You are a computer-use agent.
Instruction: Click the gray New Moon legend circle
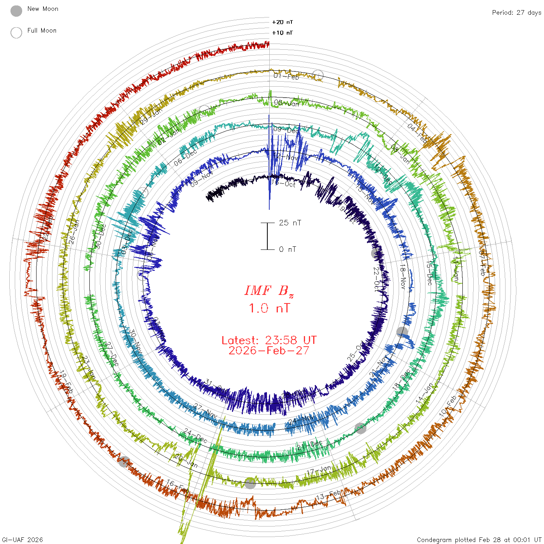(x=16, y=11)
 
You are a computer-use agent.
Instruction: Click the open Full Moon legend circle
(x=16, y=33)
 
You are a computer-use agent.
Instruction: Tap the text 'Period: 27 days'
(x=516, y=12)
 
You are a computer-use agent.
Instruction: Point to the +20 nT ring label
(x=282, y=22)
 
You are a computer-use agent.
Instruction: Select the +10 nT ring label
(x=282, y=33)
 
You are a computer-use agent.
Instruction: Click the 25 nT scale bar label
(x=290, y=223)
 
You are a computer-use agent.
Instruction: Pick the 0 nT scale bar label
(x=288, y=249)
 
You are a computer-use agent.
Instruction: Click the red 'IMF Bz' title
(x=269, y=291)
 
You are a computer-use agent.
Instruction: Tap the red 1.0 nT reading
(x=269, y=308)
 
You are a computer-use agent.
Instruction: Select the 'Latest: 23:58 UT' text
(x=269, y=340)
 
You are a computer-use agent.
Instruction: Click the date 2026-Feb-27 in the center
(x=269, y=350)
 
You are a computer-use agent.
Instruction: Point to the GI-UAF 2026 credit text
(x=23, y=540)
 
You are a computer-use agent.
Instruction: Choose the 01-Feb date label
(x=286, y=76)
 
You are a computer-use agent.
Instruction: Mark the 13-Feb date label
(x=329, y=495)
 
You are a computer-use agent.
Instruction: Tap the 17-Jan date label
(x=319, y=470)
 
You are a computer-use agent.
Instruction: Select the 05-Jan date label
(x=287, y=103)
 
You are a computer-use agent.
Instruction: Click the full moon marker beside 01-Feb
(x=318, y=75)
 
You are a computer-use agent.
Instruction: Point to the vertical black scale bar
(x=267, y=236)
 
